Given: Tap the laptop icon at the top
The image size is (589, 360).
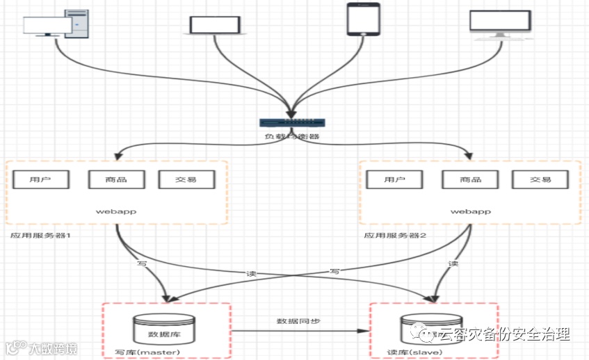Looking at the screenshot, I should [x=216, y=25].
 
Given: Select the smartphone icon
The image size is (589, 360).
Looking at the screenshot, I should [x=364, y=19].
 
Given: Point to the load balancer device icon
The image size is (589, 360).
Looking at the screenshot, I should [x=292, y=122].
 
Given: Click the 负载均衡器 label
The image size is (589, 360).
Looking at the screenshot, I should [x=292, y=136].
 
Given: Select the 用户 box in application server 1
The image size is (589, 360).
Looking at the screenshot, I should [x=40, y=179].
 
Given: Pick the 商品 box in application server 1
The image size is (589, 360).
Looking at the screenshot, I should [x=117, y=179].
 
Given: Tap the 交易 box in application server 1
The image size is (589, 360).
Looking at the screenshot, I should [x=186, y=179].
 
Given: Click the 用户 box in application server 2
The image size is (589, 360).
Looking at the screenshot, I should [x=395, y=179].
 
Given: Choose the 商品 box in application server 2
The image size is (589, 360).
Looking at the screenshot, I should [x=471, y=179].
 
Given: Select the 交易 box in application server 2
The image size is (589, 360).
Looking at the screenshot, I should [x=540, y=179].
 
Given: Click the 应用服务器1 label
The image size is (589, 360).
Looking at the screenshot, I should [x=41, y=236].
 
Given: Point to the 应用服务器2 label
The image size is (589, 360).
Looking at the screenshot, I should [x=395, y=236].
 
